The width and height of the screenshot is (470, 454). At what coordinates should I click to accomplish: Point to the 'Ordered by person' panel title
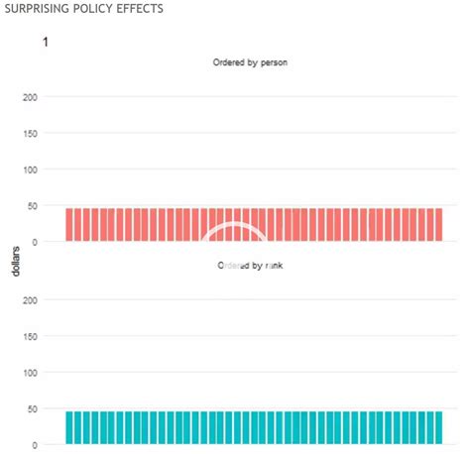click(250, 63)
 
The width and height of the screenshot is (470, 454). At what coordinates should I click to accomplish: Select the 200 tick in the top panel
click(28, 97)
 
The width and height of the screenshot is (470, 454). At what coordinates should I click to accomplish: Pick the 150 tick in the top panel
click(28, 134)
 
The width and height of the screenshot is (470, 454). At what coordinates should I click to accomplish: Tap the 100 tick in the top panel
click(28, 170)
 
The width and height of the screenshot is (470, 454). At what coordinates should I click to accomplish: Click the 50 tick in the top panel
click(31, 206)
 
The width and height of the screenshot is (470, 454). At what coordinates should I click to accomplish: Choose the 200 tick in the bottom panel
click(28, 300)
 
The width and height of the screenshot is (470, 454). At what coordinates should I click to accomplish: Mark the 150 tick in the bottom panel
click(28, 337)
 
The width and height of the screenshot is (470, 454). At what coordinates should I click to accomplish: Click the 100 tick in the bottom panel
click(28, 373)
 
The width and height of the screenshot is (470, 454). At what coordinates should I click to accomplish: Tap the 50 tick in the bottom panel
click(31, 408)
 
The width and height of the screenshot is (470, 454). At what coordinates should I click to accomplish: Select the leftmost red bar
click(70, 225)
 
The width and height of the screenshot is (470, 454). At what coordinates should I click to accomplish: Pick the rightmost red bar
click(438, 225)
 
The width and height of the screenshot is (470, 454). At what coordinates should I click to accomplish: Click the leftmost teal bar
click(70, 427)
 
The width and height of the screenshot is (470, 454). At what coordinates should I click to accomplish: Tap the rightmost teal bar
click(438, 427)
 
